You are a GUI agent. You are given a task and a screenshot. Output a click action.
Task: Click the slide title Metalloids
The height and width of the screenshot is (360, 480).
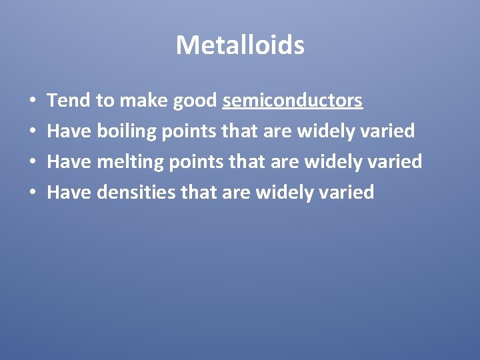240,45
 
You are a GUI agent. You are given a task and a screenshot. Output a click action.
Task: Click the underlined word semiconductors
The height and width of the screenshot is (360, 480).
293,101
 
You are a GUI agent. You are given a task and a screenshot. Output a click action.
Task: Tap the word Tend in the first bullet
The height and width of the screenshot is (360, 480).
69,101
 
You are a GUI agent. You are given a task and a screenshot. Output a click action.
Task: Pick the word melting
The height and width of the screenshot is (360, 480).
129,162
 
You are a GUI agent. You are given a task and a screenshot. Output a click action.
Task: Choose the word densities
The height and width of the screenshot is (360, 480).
136,193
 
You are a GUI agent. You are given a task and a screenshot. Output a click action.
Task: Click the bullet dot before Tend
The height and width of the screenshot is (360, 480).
33,101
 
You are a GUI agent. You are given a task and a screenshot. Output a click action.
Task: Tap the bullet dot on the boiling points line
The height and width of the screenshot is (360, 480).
33,132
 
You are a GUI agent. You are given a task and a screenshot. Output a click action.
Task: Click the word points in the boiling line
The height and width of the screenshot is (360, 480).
189,131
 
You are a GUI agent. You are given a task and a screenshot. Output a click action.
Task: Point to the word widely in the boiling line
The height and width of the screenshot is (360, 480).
325,131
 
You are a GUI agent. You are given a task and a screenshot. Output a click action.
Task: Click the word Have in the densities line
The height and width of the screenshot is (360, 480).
70,193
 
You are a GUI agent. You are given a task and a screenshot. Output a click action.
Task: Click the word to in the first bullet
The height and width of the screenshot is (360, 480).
105,101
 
